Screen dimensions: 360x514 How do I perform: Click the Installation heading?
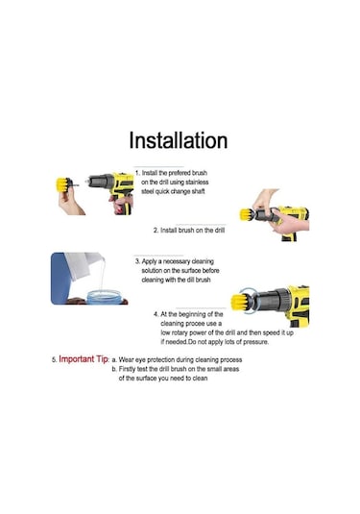coord(179,140)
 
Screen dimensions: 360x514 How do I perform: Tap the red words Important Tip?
coord(84,359)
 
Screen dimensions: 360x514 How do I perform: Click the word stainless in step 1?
coord(197,182)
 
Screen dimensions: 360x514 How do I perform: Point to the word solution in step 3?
coord(153,270)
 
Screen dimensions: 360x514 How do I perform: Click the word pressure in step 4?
coord(256,342)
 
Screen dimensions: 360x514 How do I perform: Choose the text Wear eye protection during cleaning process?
coord(180,359)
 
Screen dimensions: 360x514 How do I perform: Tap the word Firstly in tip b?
coord(127,369)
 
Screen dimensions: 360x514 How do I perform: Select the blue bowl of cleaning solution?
coord(105,297)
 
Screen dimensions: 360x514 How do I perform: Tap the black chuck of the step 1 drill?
coord(100,182)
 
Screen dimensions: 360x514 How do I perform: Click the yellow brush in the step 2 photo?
coord(246,214)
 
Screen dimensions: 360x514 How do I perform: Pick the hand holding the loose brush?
coord(70,200)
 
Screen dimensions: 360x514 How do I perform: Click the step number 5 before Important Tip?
coord(54,360)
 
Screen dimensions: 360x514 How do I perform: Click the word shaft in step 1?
coord(198,191)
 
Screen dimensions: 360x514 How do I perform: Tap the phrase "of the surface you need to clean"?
coord(163,378)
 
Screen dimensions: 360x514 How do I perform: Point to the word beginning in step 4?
coord(186,314)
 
